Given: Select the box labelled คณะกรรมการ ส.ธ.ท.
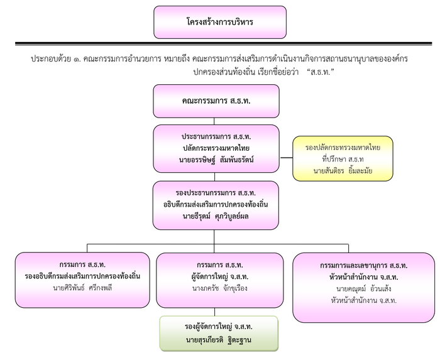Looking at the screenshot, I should pos(216,101).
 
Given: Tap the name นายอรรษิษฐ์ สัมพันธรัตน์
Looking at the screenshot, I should pos(216,159).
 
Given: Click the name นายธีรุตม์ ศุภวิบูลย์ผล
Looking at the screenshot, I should pos(216,216).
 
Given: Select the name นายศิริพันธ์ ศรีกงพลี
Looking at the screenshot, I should pos(82,288).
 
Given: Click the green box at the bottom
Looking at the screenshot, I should pos(218,333).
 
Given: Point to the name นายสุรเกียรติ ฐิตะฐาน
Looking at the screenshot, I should pos(218,340).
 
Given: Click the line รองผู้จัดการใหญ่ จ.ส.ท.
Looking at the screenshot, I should pos(218,327).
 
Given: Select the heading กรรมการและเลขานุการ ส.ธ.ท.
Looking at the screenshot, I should pos(364,265).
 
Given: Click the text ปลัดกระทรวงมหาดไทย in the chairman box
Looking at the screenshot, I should pos(216,148).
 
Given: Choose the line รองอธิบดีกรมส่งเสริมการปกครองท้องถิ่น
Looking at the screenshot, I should pos(82,276).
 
